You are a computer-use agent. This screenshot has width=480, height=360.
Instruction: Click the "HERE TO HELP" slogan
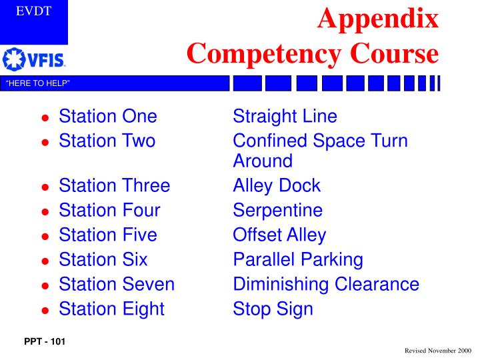(38, 83)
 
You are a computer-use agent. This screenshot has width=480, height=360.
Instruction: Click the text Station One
(108, 117)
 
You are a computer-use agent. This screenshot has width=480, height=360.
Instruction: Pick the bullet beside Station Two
(45, 142)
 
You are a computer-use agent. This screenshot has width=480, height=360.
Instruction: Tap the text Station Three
(114, 185)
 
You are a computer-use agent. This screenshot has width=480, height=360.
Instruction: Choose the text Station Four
(109, 211)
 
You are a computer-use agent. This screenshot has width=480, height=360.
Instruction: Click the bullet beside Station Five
(45, 236)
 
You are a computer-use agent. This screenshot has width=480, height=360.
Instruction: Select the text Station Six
(103, 259)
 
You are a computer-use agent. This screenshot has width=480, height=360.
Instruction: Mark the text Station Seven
(117, 285)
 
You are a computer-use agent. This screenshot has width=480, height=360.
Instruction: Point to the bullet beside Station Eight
(45, 310)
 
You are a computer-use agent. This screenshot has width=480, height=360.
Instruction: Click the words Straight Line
(285, 117)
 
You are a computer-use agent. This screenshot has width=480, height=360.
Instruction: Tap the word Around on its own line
(263, 161)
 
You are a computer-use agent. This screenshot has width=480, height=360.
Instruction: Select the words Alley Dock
(277, 185)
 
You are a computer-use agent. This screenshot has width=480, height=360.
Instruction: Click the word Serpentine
(277, 211)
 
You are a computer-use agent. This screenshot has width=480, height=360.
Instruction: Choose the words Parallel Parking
(297, 259)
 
